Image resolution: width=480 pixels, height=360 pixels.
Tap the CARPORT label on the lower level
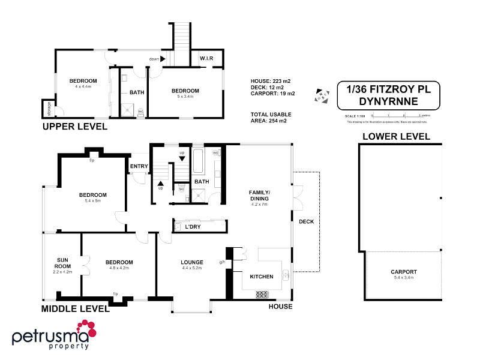(x=403, y=272)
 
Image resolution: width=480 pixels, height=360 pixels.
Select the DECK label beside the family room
(x=306, y=221)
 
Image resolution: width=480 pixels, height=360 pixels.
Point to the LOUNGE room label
(x=192, y=262)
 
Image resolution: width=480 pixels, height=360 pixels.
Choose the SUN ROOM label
(x=62, y=263)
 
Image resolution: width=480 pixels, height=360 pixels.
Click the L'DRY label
(x=193, y=227)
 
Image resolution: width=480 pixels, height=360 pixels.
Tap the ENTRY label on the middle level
(x=139, y=166)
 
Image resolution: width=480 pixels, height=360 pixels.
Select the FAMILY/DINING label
(x=260, y=195)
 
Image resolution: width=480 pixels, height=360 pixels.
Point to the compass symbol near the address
(x=322, y=95)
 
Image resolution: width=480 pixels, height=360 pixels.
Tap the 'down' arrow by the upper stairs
(x=163, y=59)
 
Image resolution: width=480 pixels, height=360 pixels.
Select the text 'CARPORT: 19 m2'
(x=272, y=94)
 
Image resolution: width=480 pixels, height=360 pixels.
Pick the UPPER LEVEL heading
(x=74, y=127)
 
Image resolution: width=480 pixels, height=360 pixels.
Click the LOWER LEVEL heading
(x=396, y=136)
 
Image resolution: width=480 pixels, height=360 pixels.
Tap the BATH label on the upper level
(x=136, y=92)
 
